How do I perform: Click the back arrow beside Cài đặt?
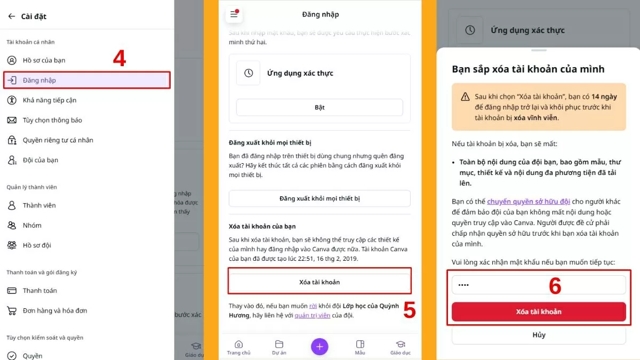click(11, 17)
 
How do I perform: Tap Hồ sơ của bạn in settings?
click(44, 60)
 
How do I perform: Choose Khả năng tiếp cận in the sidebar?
click(49, 100)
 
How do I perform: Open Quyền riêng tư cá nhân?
click(58, 140)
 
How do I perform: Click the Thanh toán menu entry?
click(39, 291)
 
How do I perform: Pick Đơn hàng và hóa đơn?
click(54, 310)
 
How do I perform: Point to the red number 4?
click(119, 58)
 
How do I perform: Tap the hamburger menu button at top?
click(234, 14)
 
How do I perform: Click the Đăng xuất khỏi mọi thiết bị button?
click(319, 198)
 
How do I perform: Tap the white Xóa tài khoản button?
click(319, 282)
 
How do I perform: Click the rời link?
click(313, 306)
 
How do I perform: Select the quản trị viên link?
click(313, 315)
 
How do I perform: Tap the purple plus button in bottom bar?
click(319, 347)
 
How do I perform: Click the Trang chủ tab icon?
click(238, 345)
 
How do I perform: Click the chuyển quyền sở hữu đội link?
click(528, 202)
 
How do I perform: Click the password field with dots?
click(539, 285)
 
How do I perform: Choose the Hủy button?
click(539, 335)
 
